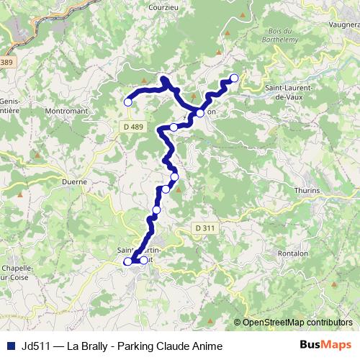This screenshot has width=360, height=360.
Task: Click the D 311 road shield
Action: tap(204, 228)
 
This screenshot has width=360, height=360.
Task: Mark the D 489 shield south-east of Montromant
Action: tap(131, 127)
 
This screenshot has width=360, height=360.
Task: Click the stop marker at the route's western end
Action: tap(128, 102)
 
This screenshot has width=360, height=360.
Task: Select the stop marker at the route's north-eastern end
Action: tap(234, 78)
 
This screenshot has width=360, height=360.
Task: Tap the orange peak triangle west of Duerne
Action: tap(21, 194)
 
